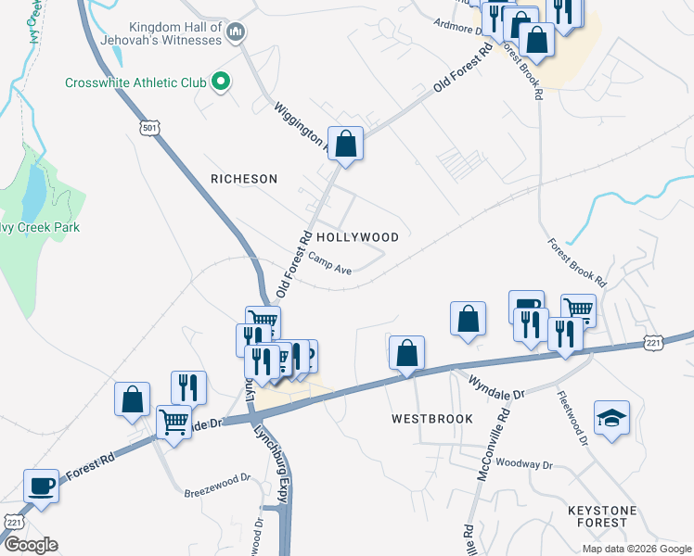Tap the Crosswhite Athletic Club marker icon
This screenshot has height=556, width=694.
[x=221, y=82]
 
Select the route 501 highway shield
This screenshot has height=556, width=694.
[x=152, y=126]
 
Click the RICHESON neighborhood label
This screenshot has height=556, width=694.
[x=244, y=178]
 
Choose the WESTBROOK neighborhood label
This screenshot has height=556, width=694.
[x=431, y=419]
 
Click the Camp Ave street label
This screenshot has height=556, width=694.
[x=330, y=265]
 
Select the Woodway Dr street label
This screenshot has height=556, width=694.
[x=524, y=463]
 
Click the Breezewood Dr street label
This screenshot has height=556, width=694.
[x=218, y=479]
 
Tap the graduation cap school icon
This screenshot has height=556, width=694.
[x=612, y=416]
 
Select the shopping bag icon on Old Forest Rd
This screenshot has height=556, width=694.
[x=345, y=145]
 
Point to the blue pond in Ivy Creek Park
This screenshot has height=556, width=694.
[x=33, y=190]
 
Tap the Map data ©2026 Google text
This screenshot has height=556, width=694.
[x=636, y=549]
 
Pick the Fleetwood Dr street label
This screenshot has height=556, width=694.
[x=572, y=417]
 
